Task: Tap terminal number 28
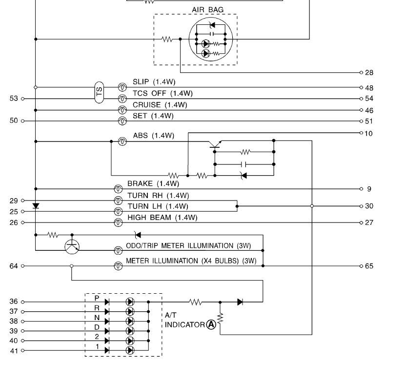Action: click(369, 73)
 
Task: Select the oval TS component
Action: click(99, 92)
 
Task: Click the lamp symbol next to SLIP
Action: click(123, 87)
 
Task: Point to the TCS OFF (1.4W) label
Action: click(162, 93)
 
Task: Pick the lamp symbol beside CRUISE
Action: click(123, 110)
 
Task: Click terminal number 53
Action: click(14, 99)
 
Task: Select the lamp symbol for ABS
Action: click(123, 141)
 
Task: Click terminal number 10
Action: click(369, 133)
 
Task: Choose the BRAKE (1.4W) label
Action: click(153, 184)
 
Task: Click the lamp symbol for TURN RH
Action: click(118, 201)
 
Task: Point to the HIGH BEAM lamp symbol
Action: click(118, 222)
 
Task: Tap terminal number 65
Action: click(369, 266)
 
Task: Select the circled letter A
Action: click(211, 324)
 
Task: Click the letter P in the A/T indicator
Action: click(97, 298)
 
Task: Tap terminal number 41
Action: click(14, 350)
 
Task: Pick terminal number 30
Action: click(369, 206)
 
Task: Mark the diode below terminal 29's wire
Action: click(36, 205)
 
